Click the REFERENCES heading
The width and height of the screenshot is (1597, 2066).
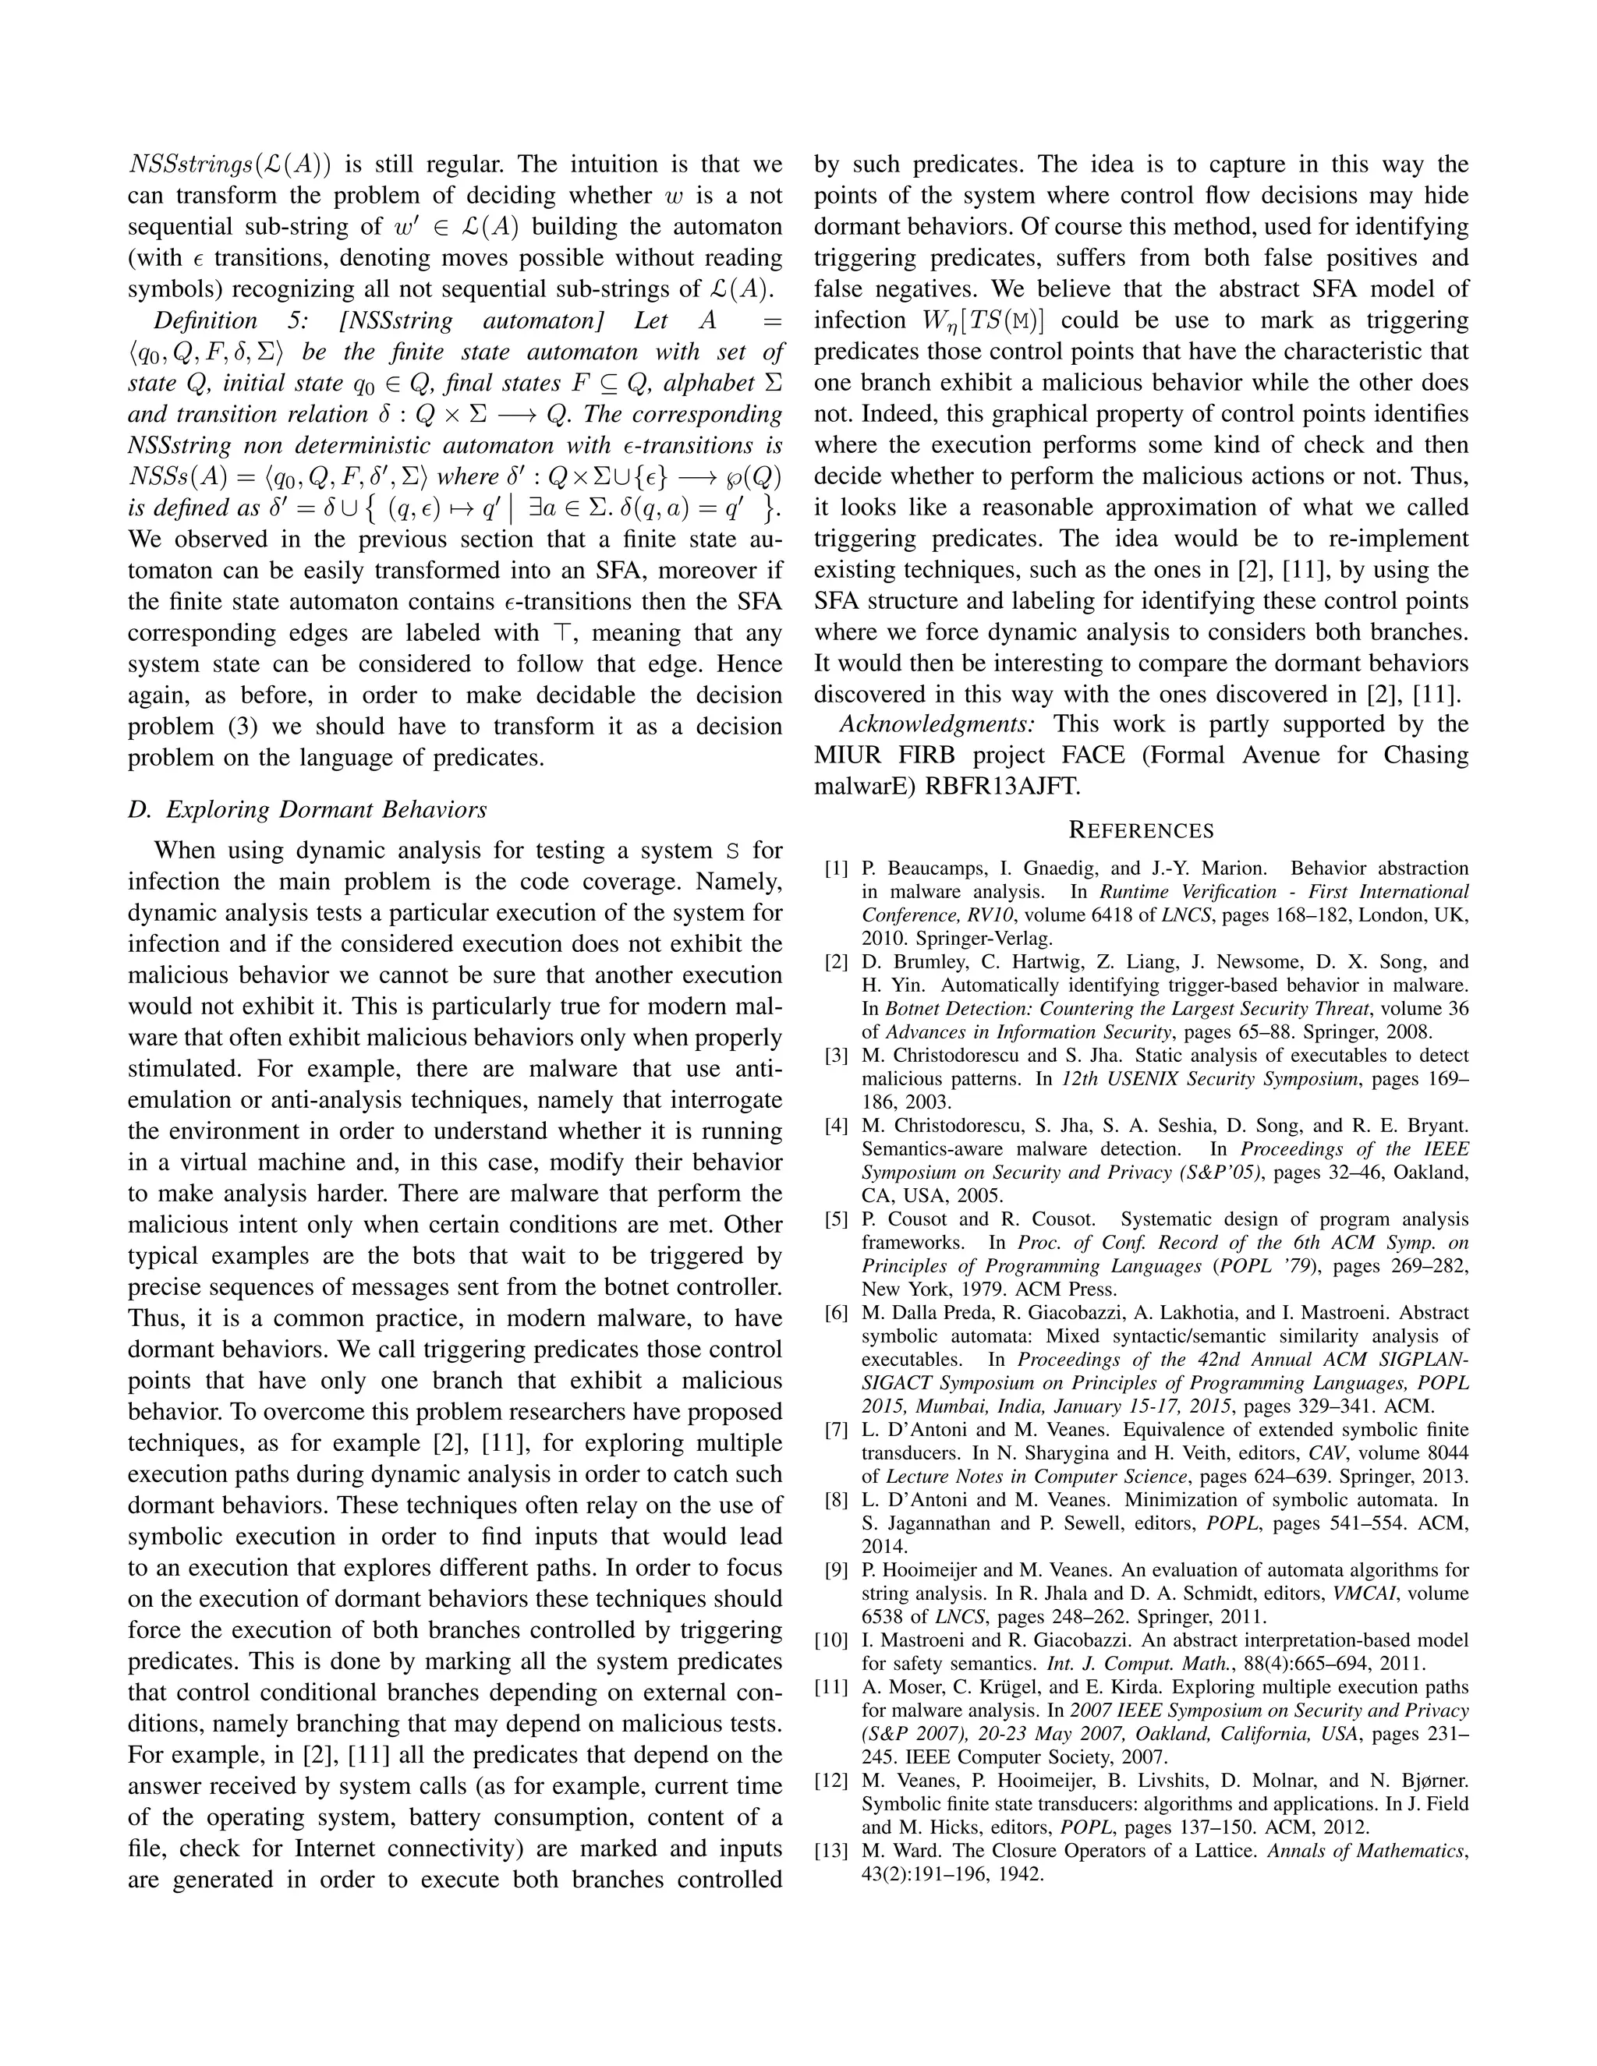coord(1140,830)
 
